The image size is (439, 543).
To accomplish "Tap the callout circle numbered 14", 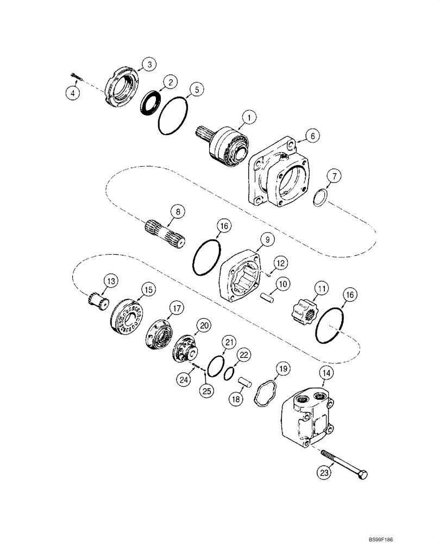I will tap(325, 373).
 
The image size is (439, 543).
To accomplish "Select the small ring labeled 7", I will tap(320, 197).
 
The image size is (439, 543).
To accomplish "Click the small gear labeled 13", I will tap(98, 299).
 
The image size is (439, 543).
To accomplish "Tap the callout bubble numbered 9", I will tap(267, 238).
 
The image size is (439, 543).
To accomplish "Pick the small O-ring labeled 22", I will tap(229, 374).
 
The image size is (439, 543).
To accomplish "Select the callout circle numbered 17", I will tap(177, 308).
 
